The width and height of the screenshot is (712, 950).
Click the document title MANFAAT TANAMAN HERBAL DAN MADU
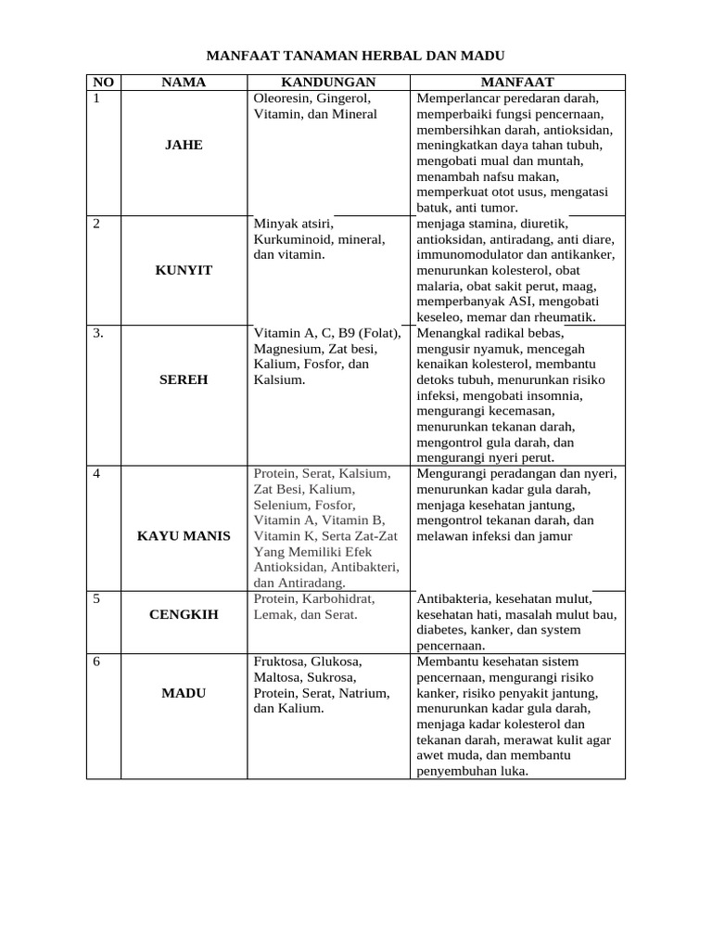tap(355, 57)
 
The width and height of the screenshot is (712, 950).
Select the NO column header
tap(104, 82)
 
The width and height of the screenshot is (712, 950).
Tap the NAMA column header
tap(184, 82)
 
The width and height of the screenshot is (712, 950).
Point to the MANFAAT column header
tap(517, 82)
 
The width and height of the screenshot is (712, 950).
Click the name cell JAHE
tap(184, 146)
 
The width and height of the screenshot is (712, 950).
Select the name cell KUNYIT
tap(184, 270)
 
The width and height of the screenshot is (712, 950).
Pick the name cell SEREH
tap(184, 379)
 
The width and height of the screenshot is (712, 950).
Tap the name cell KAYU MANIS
tap(184, 536)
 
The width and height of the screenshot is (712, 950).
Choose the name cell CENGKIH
tap(184, 614)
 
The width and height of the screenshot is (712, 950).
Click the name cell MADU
tap(184, 693)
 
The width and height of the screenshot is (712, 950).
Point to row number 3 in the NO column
tap(98, 333)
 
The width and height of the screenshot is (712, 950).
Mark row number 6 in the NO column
tap(96, 661)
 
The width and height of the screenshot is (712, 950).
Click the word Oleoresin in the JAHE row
tap(282, 97)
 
